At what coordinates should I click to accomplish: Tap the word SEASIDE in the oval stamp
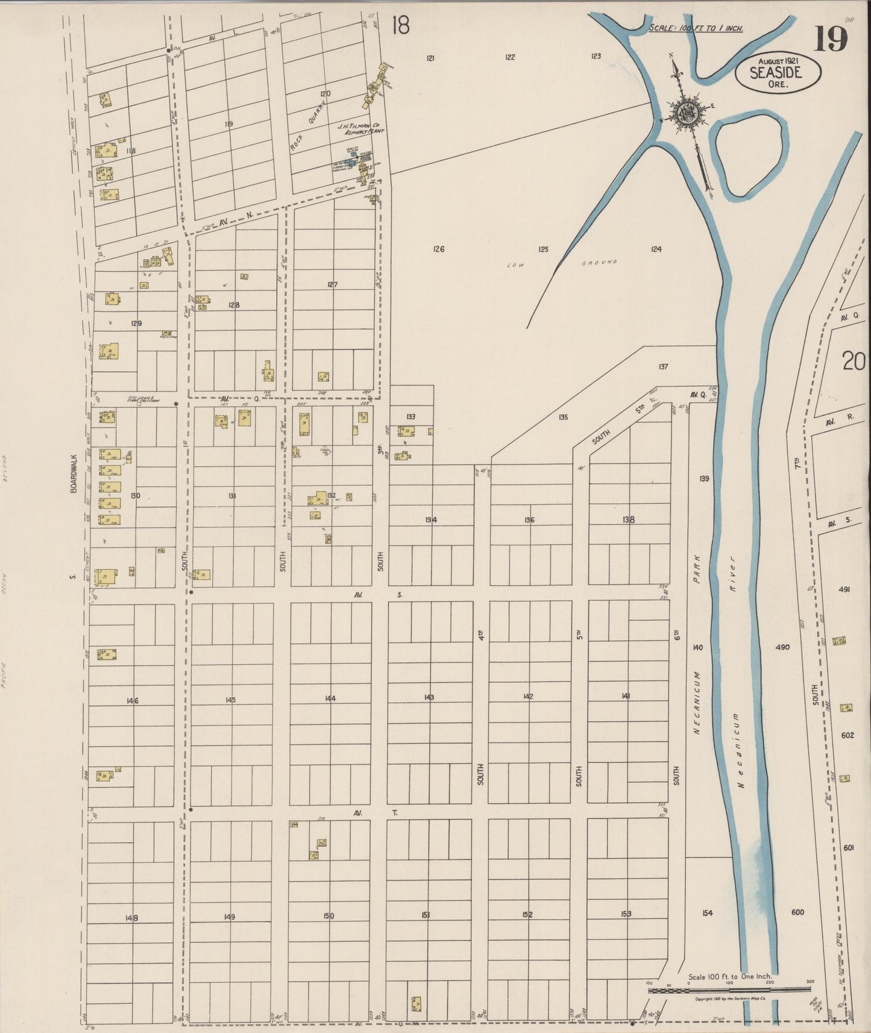click(x=776, y=73)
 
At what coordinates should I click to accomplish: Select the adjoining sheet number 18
click(x=400, y=25)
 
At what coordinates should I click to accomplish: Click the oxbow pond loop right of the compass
click(x=750, y=158)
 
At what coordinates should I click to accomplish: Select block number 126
click(x=438, y=249)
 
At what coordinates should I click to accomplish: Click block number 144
click(x=330, y=698)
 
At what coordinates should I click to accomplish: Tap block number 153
click(x=626, y=914)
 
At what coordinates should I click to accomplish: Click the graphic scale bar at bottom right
click(x=729, y=990)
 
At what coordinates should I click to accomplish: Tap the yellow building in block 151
click(x=416, y=1004)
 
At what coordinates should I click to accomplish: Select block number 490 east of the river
click(x=782, y=647)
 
